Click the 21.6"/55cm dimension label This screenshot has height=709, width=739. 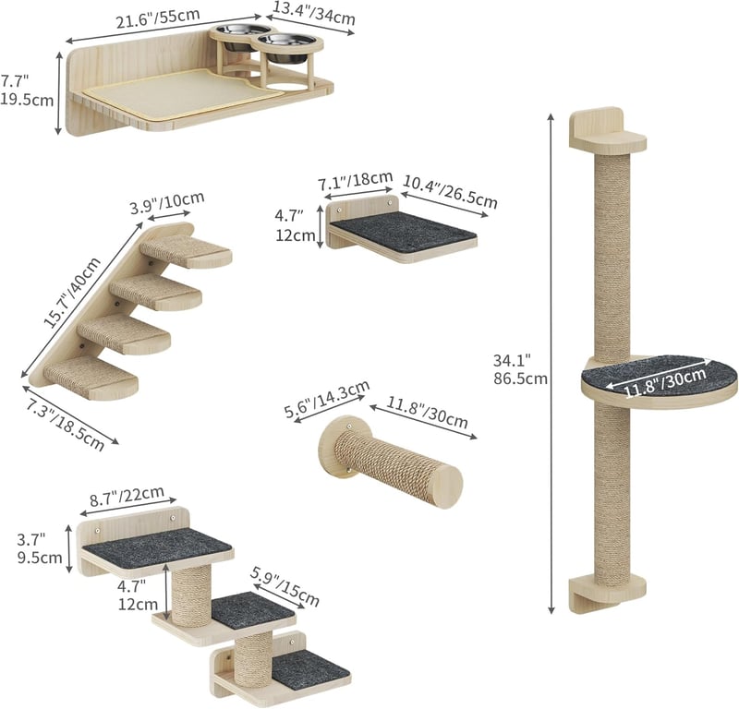(158, 18)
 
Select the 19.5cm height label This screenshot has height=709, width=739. (27, 100)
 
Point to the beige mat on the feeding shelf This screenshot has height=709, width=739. (184, 93)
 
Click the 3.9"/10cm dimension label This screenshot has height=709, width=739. (167, 202)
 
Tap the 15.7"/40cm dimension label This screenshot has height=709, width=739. (72, 293)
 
